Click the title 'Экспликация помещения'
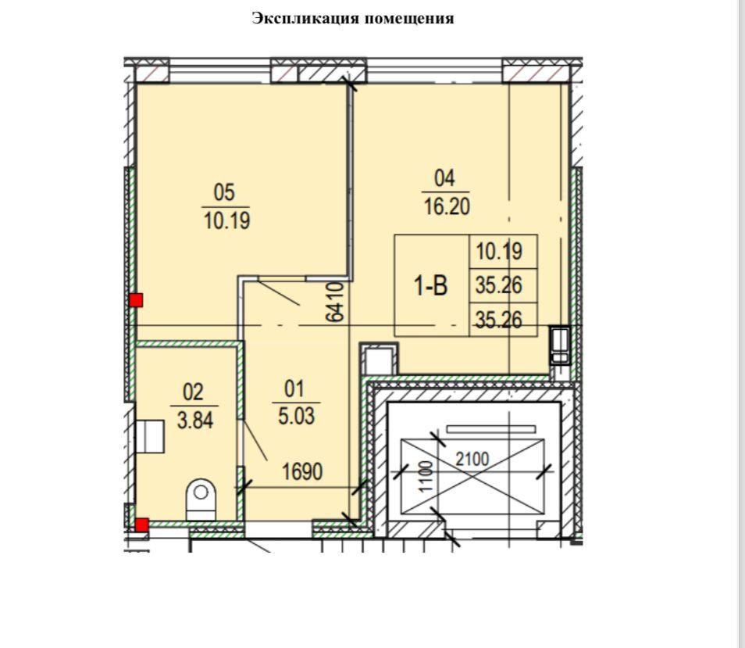coord(352,19)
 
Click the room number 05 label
coord(224,192)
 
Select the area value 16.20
coord(447,207)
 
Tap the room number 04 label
coord(444,178)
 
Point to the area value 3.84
coord(194,421)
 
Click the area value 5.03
coord(296,417)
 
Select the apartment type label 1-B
coord(430,286)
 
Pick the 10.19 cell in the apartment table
coord(499,251)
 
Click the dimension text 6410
coord(336,302)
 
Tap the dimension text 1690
coord(302,471)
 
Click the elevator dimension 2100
coord(472,460)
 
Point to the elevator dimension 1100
coord(426,476)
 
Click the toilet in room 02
coord(201,499)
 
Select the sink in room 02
coord(150,436)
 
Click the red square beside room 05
coord(137,300)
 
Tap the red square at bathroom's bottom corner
coord(141,524)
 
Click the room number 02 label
coord(193,392)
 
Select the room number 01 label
coord(294,389)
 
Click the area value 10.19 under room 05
coord(226,221)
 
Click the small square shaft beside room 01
coord(379,360)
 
